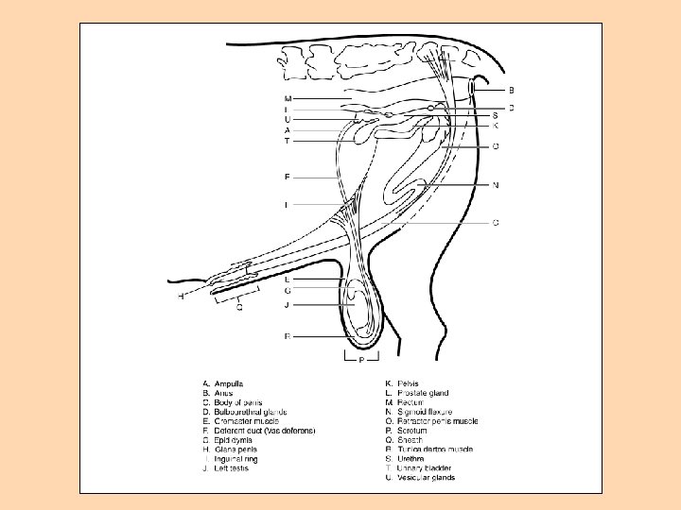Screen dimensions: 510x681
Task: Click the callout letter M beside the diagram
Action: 288,98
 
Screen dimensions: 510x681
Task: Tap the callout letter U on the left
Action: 288,120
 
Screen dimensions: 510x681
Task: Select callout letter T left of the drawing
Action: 288,141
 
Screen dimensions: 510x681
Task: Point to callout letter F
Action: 288,177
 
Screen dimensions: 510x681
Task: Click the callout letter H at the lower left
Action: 181,297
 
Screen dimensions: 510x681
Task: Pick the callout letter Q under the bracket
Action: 239,307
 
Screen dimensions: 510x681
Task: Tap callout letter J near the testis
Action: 288,305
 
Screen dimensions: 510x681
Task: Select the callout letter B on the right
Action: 512,90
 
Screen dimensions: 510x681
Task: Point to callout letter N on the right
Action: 496,185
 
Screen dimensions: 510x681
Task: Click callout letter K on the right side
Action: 496,125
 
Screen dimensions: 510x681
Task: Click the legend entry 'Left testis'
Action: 233,468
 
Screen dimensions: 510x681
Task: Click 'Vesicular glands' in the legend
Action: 426,478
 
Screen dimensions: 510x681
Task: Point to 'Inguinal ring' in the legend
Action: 236,459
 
